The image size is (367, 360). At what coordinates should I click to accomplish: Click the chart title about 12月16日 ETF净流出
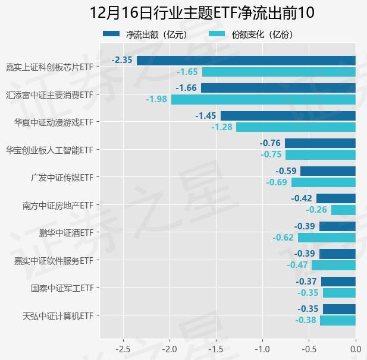click(202, 12)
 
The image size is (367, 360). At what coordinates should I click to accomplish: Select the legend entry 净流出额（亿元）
click(156, 34)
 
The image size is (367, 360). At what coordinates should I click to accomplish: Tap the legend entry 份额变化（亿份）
click(262, 34)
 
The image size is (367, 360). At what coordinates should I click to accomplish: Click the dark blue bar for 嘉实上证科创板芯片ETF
click(246, 60)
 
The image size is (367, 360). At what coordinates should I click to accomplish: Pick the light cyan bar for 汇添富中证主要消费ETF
click(263, 99)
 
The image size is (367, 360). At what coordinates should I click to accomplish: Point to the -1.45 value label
click(206, 116)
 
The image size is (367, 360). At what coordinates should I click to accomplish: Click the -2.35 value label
click(121, 60)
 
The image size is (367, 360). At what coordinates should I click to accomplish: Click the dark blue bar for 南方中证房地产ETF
click(335, 198)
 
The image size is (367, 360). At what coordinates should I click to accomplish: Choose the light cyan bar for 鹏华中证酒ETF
click(327, 238)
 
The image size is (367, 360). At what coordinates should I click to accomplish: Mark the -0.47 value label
click(297, 265)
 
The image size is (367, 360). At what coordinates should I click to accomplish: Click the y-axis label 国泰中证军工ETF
click(62, 288)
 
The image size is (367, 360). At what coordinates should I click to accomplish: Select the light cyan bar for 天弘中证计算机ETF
click(337, 320)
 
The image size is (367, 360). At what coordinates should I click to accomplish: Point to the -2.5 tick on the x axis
click(123, 348)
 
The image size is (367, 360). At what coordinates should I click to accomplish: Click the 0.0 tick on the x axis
click(355, 348)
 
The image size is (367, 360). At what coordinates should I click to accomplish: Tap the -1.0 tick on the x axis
click(262, 348)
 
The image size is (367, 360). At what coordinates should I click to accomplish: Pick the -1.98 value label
click(156, 99)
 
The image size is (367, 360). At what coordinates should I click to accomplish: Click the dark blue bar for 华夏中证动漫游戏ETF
click(288, 116)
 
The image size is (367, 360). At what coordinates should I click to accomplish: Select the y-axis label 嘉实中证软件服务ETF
click(54, 260)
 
